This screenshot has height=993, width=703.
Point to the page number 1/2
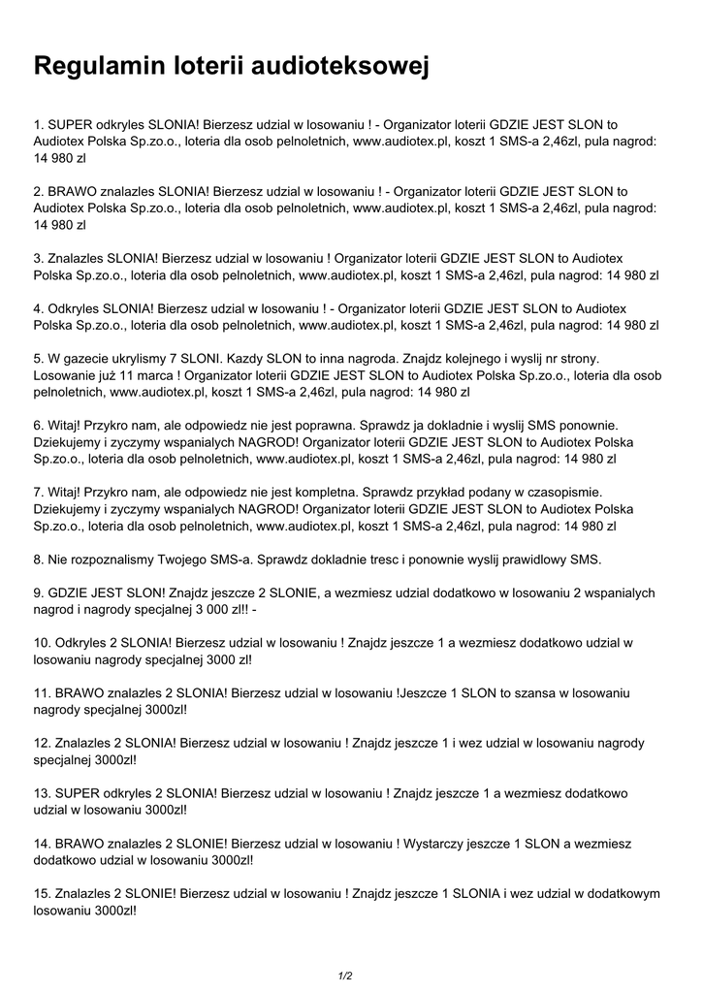tap(345, 976)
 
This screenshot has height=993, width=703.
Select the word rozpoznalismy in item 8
tap(118, 559)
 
